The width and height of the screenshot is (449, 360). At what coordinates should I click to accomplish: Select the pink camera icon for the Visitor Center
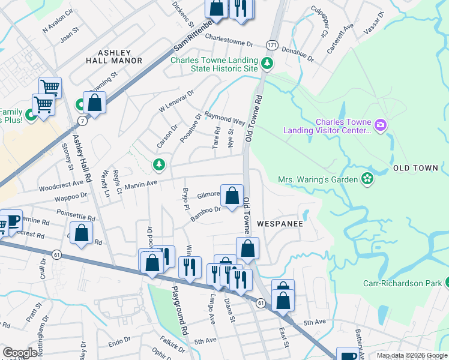click(379, 125)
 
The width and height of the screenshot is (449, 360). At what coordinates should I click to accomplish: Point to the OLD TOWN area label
click(415, 168)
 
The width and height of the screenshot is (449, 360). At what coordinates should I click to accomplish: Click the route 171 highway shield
click(273, 46)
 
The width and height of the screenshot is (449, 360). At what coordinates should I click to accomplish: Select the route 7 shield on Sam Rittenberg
click(81, 121)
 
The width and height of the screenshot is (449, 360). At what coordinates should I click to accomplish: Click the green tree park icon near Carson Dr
click(159, 164)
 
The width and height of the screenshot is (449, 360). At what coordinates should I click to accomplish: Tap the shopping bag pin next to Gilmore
click(232, 196)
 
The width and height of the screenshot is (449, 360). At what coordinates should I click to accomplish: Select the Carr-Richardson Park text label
click(402, 283)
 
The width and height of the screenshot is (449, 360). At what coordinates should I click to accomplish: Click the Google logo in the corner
click(20, 353)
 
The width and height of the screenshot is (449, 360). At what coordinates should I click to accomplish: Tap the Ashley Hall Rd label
click(82, 158)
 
